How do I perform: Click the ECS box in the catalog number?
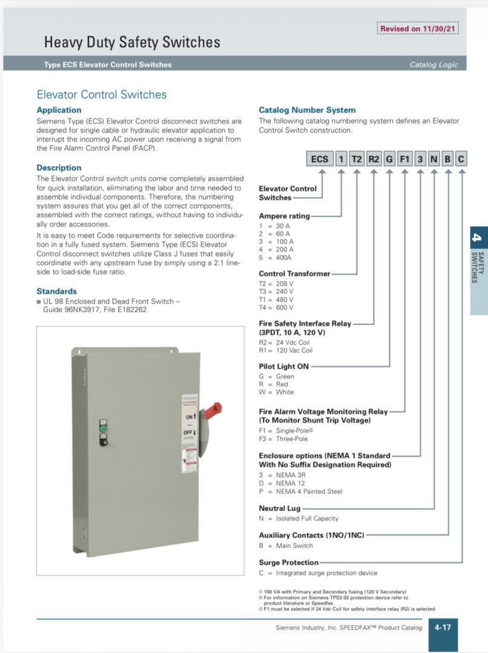319,159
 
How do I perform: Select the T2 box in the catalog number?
357,159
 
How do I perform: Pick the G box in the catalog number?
389,159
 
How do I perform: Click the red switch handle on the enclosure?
212,412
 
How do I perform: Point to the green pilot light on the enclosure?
103,429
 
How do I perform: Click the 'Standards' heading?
57,291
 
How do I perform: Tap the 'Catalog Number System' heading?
307,110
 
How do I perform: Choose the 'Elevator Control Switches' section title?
102,94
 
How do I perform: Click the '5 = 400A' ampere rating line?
276,258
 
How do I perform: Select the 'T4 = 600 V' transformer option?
276,308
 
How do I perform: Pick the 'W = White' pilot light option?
276,392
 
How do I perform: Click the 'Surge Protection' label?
288,562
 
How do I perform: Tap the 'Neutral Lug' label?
279,508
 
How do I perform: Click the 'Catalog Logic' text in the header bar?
434,65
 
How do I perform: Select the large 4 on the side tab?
478,237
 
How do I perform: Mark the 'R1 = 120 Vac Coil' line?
285,350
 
